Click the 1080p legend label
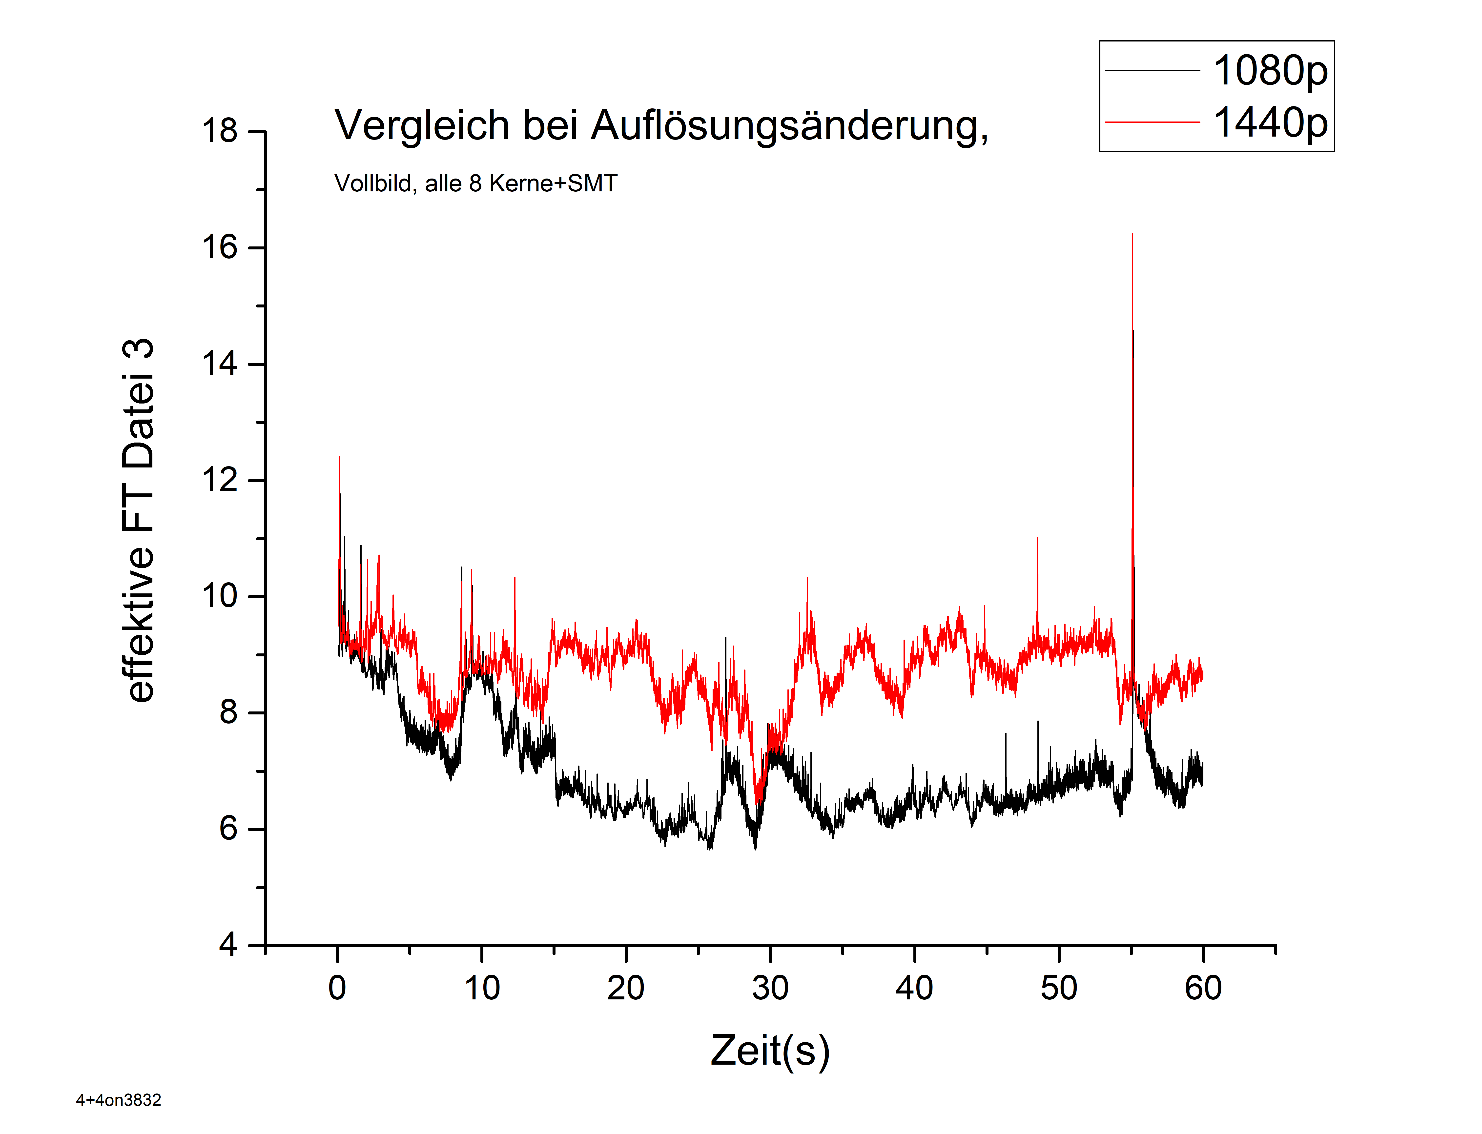1269,71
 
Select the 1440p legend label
1269,123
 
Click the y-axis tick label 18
220,131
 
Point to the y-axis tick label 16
220,248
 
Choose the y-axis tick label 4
228,945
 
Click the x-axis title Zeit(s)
770,1050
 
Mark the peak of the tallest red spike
1132,235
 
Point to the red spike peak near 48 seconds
1037,538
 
